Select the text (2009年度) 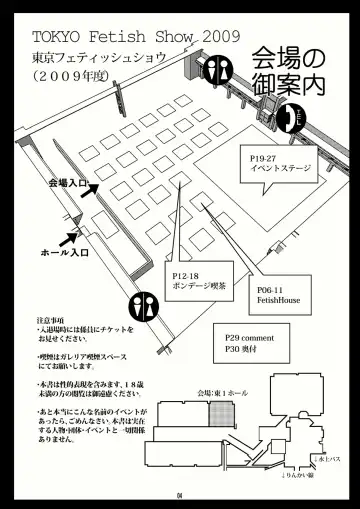click(78, 76)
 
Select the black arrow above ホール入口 click(72, 235)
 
